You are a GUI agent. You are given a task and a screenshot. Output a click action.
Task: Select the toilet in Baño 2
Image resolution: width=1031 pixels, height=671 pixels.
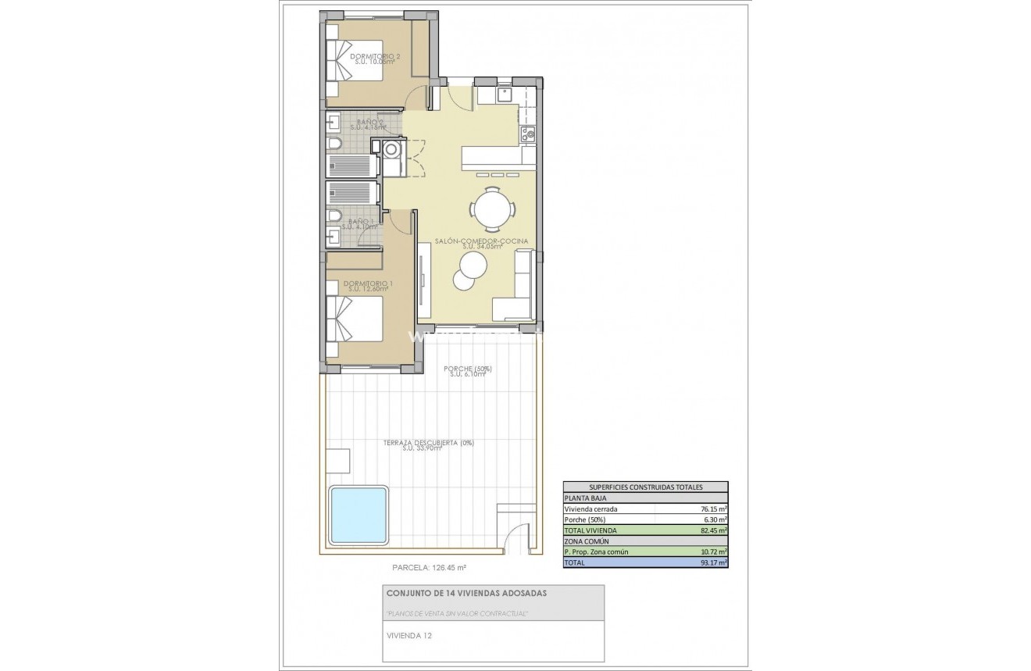pyautogui.click(x=334, y=145)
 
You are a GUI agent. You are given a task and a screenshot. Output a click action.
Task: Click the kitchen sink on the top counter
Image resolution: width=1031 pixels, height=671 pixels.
pyautogui.click(x=504, y=95)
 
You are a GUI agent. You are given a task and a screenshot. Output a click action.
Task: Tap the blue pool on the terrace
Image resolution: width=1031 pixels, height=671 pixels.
pyautogui.click(x=359, y=515)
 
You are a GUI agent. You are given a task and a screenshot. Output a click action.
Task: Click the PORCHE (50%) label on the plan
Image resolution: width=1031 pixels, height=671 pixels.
pyautogui.click(x=467, y=369)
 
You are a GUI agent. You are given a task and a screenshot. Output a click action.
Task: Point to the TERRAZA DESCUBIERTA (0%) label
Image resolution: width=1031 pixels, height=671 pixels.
pyautogui.click(x=428, y=443)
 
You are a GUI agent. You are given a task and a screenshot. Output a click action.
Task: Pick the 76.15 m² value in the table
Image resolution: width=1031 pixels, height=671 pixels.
pyautogui.click(x=713, y=509)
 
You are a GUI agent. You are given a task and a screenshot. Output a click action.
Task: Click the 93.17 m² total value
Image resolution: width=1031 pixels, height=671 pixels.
pyautogui.click(x=713, y=562)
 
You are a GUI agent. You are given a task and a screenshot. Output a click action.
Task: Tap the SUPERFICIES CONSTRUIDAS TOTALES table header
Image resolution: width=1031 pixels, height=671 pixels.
pyautogui.click(x=645, y=487)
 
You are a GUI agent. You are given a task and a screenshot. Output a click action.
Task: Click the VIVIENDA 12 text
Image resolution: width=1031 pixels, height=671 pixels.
pyautogui.click(x=409, y=635)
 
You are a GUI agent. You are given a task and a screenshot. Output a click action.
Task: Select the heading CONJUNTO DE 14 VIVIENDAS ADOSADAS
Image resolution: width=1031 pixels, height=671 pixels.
pyautogui.click(x=466, y=593)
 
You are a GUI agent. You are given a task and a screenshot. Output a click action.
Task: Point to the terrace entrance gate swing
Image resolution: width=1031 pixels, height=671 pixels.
pyautogui.click(x=516, y=538)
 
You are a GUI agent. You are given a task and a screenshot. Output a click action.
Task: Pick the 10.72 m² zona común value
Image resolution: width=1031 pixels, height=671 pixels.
pyautogui.click(x=713, y=551)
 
